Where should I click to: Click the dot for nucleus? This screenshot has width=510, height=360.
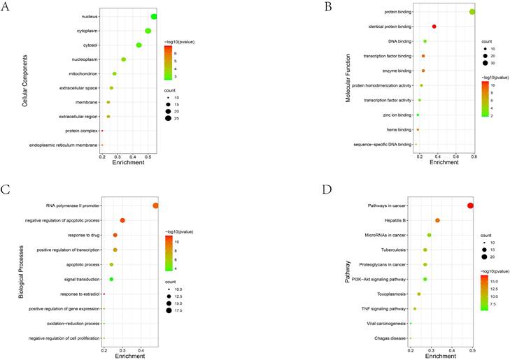point(154,17)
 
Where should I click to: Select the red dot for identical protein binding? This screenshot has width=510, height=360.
point(434,27)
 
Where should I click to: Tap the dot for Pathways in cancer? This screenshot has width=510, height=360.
point(470,206)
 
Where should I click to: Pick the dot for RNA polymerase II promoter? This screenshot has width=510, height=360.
point(155,206)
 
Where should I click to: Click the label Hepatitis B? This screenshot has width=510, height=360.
point(390,220)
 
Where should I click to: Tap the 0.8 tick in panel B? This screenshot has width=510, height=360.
point(474,157)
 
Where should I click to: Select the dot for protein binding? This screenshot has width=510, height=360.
point(472,12)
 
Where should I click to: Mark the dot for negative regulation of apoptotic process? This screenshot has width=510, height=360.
point(122,220)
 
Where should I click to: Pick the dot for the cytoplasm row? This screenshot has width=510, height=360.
point(148,31)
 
